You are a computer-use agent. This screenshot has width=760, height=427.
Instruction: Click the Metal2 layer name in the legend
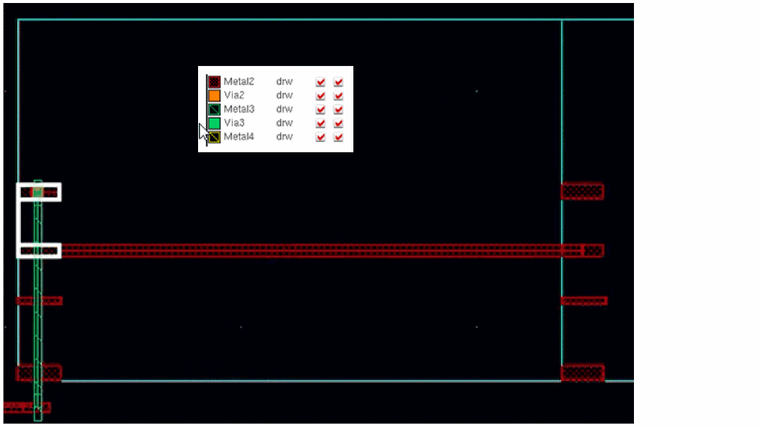[x=239, y=82]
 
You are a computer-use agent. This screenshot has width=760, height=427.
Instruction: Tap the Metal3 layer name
[x=239, y=110]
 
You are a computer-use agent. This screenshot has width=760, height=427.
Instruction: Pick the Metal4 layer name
[x=239, y=137]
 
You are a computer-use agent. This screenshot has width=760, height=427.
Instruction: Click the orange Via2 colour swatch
[x=214, y=95]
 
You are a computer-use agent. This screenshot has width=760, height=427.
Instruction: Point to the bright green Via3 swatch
[x=214, y=123]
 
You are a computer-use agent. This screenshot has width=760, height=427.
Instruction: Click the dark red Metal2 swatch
[x=214, y=82]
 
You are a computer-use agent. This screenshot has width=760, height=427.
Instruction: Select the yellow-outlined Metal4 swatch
[x=214, y=137]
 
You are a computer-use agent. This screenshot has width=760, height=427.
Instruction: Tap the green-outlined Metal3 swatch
[x=214, y=110]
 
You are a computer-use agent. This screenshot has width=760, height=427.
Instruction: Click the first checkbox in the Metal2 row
[x=320, y=82]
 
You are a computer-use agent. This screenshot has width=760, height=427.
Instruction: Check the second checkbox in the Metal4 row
[x=338, y=137]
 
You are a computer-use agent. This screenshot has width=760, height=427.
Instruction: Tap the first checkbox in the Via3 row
[x=320, y=123]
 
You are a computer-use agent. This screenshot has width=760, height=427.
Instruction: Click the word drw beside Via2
[x=284, y=95]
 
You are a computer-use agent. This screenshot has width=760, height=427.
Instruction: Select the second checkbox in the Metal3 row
[x=338, y=110]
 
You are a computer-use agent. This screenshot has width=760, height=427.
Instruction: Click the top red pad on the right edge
[x=582, y=191]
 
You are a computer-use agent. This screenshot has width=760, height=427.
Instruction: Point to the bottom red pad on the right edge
[x=582, y=373]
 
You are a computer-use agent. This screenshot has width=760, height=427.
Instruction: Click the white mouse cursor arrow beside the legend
[x=203, y=133]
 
